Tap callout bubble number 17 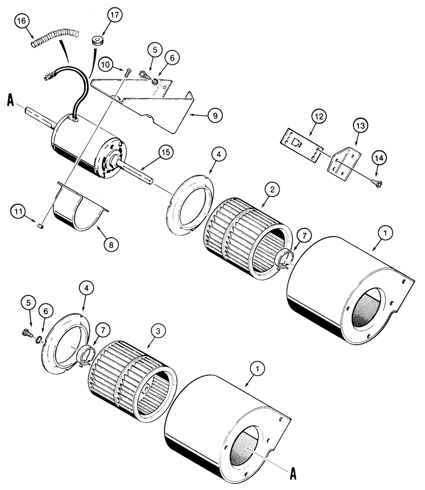click(114, 16)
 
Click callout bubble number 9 click(214, 116)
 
